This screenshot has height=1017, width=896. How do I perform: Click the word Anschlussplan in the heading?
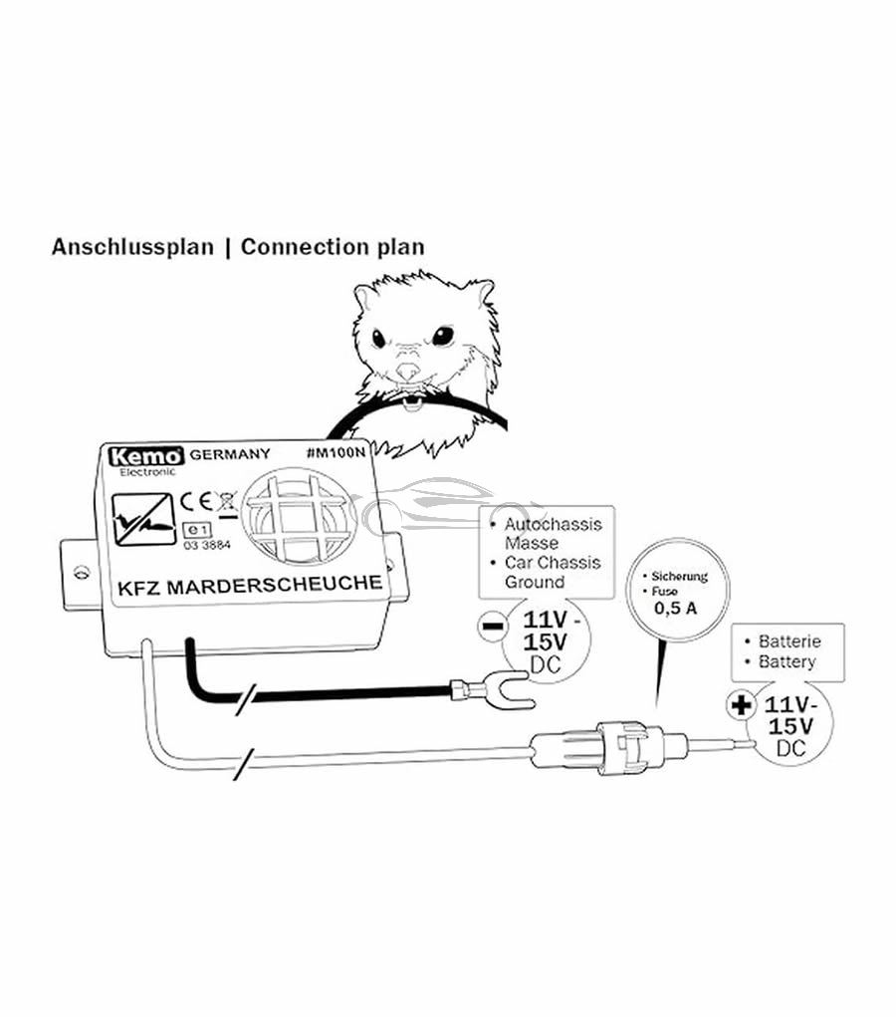132,246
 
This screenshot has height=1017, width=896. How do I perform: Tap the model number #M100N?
336,452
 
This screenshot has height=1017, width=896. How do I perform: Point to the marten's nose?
408,372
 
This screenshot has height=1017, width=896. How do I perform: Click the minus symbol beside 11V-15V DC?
492,627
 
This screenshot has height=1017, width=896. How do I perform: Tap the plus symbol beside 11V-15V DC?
740,705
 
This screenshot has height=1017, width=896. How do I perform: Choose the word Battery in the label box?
786,661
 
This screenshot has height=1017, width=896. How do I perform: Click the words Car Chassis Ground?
553,572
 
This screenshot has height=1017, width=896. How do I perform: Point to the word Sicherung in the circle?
681,576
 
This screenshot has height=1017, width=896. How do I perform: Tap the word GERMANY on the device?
229,454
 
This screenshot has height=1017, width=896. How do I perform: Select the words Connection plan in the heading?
333,246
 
